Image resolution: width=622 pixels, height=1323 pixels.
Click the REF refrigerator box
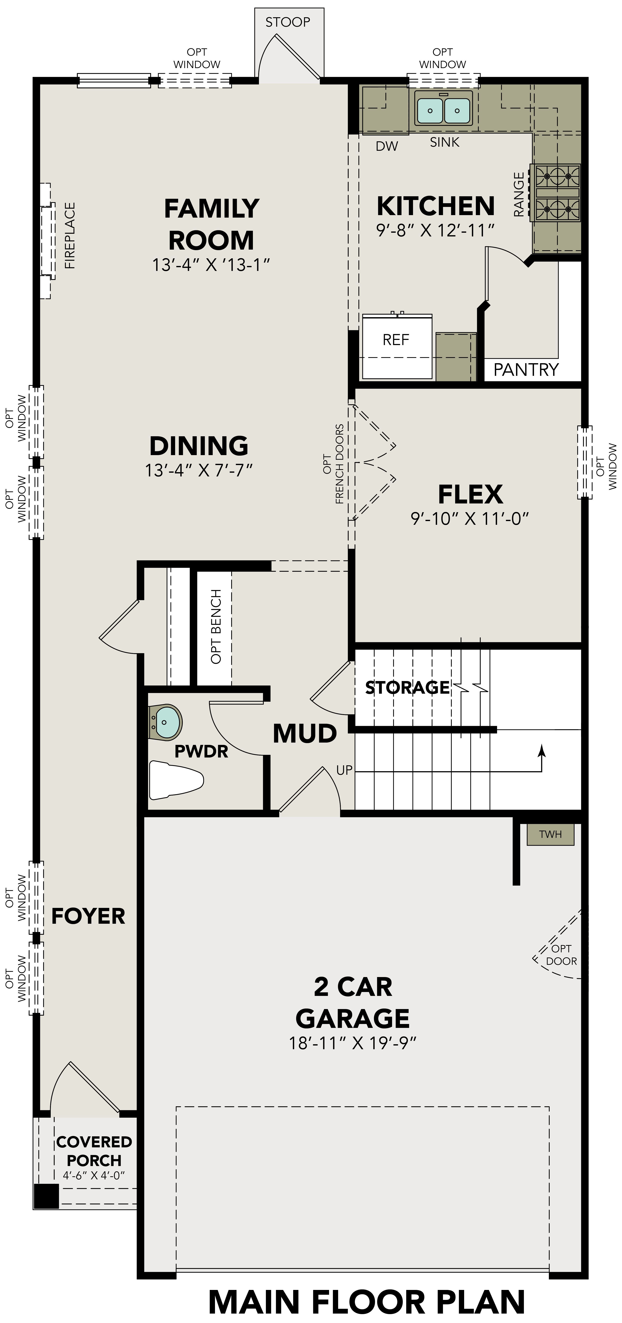click(x=396, y=340)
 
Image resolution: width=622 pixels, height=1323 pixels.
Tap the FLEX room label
click(x=470, y=494)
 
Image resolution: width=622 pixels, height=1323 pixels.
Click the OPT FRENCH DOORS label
click(x=333, y=464)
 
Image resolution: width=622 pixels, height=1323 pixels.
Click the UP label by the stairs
click(x=344, y=770)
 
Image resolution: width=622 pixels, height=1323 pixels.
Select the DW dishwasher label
click(x=387, y=146)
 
